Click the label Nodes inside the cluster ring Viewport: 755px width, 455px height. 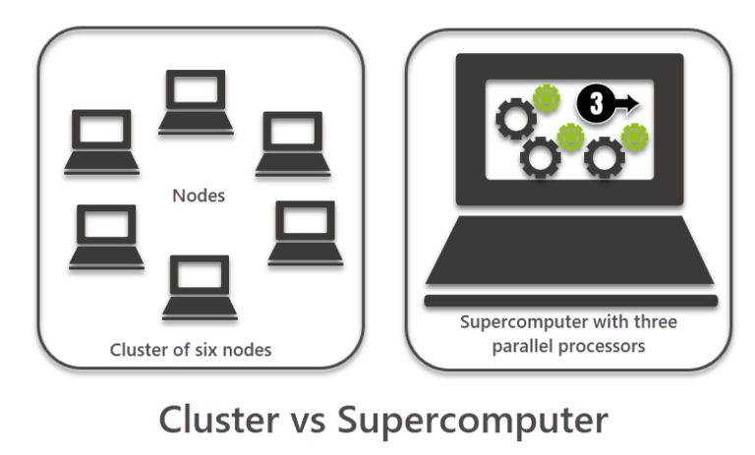(198, 195)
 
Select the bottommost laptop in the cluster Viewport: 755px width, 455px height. (200, 287)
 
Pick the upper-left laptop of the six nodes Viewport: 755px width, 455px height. (103, 141)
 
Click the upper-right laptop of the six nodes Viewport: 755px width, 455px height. (293, 142)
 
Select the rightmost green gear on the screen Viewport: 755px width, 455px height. (633, 137)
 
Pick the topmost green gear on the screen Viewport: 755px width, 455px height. (546, 98)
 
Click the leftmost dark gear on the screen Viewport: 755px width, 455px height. (515, 119)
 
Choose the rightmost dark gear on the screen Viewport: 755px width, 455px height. (603, 155)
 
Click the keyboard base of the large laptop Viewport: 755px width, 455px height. (570, 254)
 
